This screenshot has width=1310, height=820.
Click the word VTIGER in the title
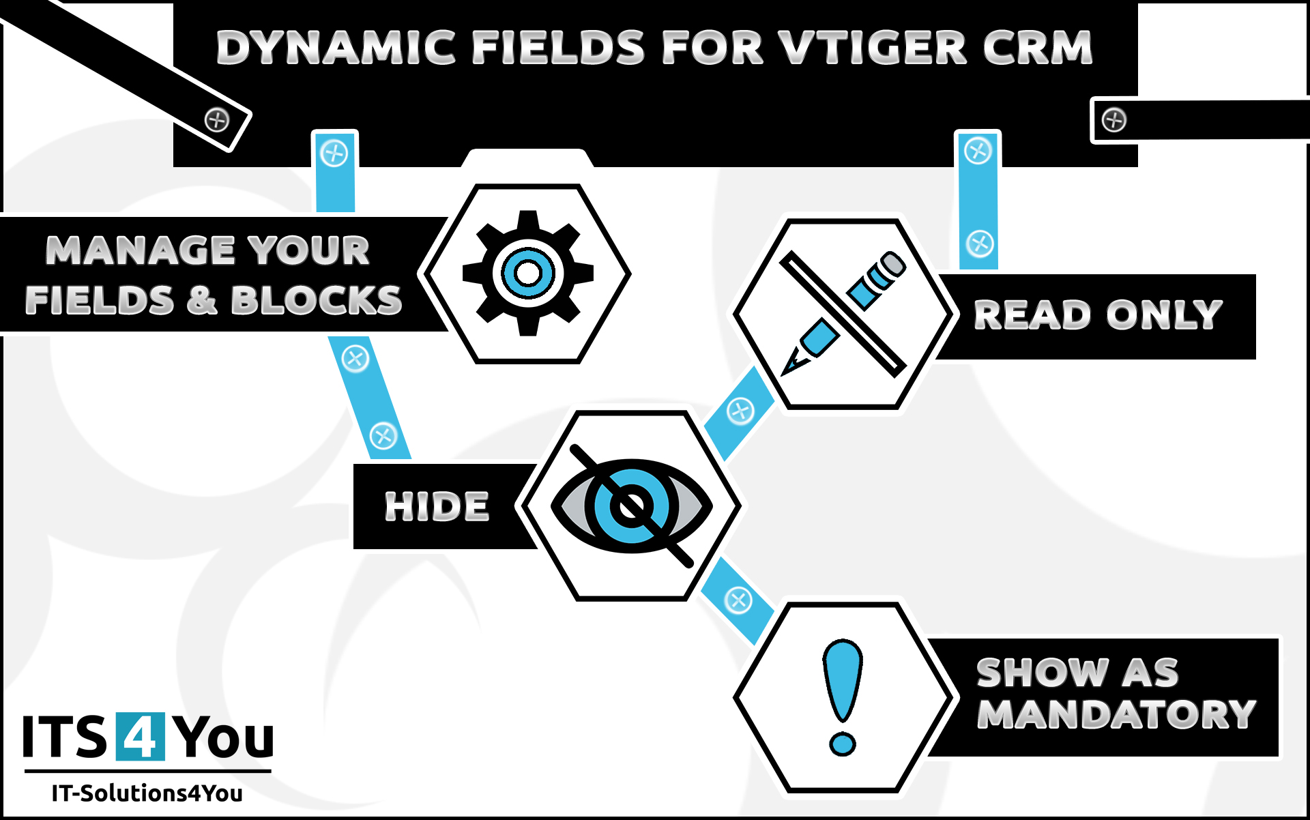pos(873,48)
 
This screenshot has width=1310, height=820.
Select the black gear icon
pos(527,274)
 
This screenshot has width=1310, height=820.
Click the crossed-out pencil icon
pos(843,314)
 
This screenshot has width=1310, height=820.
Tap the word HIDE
pos(437,507)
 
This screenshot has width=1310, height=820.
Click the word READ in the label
pos(1032,315)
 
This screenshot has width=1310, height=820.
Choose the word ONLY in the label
pos(1164,315)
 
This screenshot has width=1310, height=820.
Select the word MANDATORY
pos(1116,714)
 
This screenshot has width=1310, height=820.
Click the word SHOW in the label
pos(1042,673)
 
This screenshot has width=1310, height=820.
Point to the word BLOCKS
pos(316,300)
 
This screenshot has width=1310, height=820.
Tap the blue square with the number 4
pos(140,736)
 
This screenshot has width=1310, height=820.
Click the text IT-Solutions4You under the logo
pos(147,793)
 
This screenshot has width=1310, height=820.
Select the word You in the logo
pos(222,737)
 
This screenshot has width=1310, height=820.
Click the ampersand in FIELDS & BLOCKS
pos(201,300)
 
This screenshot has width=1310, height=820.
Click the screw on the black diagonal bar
pos(217,121)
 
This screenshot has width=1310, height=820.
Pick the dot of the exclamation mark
pos(843,743)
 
